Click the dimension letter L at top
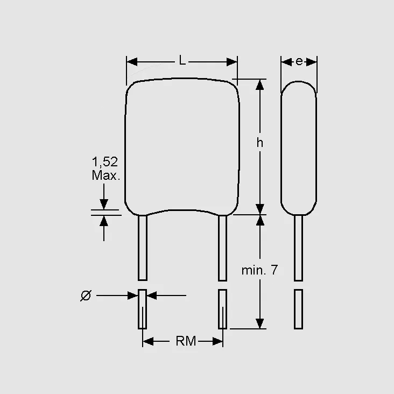182,60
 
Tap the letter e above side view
299,61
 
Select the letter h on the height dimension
260,143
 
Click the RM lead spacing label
186,341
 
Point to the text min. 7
259,270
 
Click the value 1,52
105,162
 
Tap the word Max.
106,175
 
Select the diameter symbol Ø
86,295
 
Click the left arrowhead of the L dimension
132,62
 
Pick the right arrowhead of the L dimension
232,62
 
